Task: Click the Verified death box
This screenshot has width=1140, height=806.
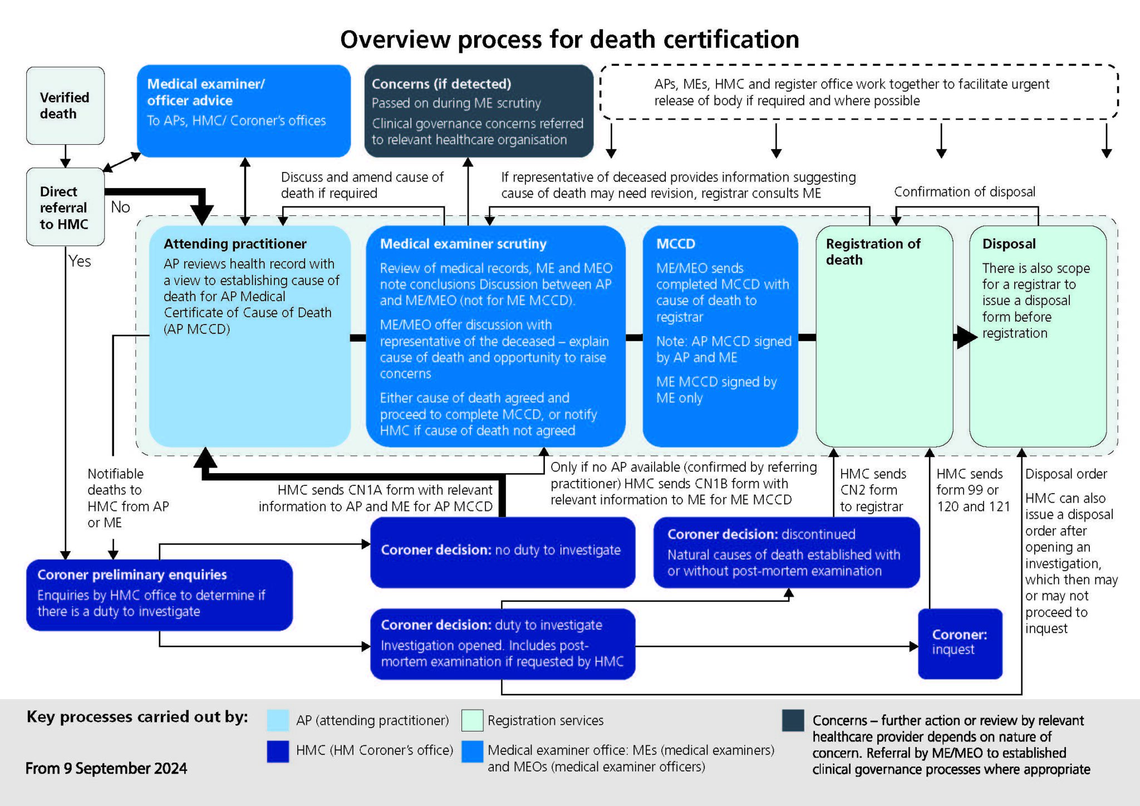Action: pos(65,106)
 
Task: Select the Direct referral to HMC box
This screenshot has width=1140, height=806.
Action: pos(65,207)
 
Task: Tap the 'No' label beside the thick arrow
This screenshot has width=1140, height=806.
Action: pos(120,207)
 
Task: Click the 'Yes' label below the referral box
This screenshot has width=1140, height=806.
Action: pos(80,261)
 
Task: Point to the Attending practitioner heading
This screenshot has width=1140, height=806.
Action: pos(235,244)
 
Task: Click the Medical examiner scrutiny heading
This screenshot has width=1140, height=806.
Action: pos(463,244)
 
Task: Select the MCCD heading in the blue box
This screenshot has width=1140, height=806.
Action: pos(676,244)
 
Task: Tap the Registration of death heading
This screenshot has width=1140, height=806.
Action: pos(873,252)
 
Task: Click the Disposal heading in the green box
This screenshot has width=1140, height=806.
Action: pos(1009,244)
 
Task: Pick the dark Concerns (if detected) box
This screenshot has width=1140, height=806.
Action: pos(478,111)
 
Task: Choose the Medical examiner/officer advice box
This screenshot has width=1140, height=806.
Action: pos(243,110)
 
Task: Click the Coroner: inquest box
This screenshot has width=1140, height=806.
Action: pos(960,642)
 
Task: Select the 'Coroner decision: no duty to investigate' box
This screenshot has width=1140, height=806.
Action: pos(502,551)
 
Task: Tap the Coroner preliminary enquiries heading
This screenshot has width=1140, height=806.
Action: pos(132,574)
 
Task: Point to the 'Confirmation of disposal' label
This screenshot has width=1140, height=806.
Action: pos(964,192)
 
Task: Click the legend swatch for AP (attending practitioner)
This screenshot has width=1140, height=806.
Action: pos(278,720)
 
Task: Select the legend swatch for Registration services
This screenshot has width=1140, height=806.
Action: pos(472,720)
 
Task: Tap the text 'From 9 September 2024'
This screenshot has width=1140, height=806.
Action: pos(106,769)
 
